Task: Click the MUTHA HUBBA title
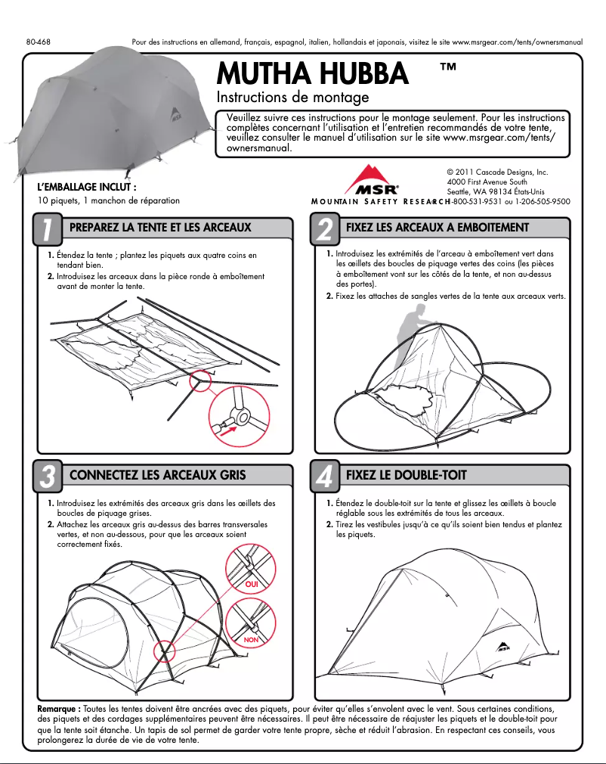(312, 73)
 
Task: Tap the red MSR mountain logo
(372, 182)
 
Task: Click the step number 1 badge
(48, 230)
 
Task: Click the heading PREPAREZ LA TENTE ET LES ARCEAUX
(159, 227)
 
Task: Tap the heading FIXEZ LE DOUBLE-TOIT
(406, 475)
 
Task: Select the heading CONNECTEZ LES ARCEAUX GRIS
(157, 475)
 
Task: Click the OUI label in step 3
(252, 584)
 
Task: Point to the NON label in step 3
(252, 640)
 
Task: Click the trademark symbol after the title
(447, 67)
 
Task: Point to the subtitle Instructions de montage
(292, 98)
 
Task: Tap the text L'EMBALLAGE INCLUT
(87, 186)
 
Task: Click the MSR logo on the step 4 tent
(502, 647)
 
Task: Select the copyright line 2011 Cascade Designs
(496, 172)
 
